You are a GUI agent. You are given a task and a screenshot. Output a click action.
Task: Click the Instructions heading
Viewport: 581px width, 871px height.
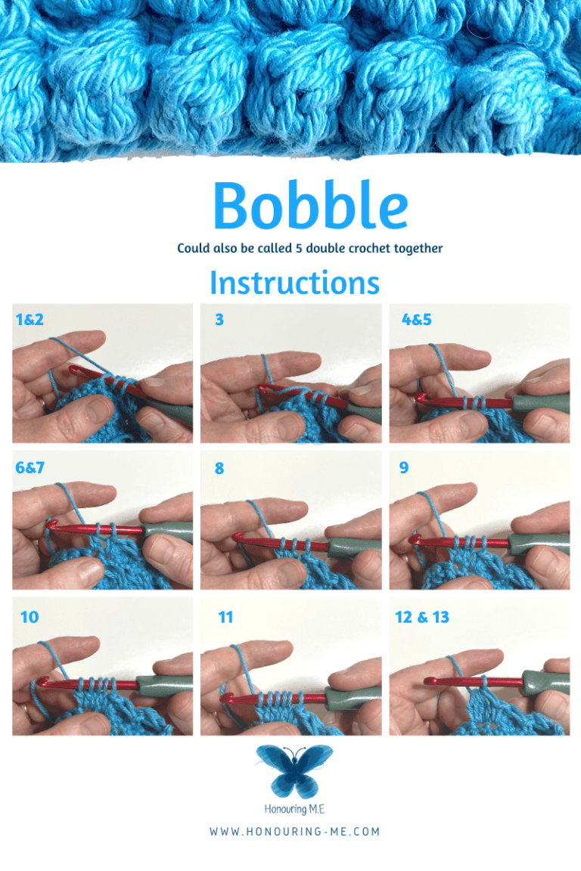[294, 283]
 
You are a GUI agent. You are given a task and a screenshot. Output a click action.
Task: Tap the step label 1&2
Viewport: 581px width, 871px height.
[30, 319]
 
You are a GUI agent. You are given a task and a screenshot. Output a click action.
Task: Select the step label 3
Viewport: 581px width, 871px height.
[219, 319]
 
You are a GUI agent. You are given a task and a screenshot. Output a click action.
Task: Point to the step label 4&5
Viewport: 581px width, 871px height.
[416, 319]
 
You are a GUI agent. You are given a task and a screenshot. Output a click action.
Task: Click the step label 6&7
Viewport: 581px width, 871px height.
[30, 468]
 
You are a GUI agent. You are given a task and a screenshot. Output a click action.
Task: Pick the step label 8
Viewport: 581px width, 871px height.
[219, 468]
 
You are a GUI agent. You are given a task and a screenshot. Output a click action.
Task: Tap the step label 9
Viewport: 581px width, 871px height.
[404, 468]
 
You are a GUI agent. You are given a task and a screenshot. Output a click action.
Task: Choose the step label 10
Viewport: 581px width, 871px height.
[30, 617]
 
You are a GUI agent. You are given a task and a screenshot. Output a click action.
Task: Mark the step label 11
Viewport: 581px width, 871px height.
[225, 617]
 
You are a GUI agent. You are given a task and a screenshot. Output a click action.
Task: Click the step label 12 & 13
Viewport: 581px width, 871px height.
[422, 617]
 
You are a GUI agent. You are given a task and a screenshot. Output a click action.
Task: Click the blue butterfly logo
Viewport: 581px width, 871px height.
[294, 771]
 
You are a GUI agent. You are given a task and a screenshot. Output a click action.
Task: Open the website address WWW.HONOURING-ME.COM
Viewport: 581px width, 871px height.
[295, 832]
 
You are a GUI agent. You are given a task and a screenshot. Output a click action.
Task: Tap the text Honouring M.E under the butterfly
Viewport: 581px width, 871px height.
[294, 809]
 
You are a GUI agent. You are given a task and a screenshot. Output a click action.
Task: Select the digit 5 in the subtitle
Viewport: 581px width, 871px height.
[299, 248]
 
